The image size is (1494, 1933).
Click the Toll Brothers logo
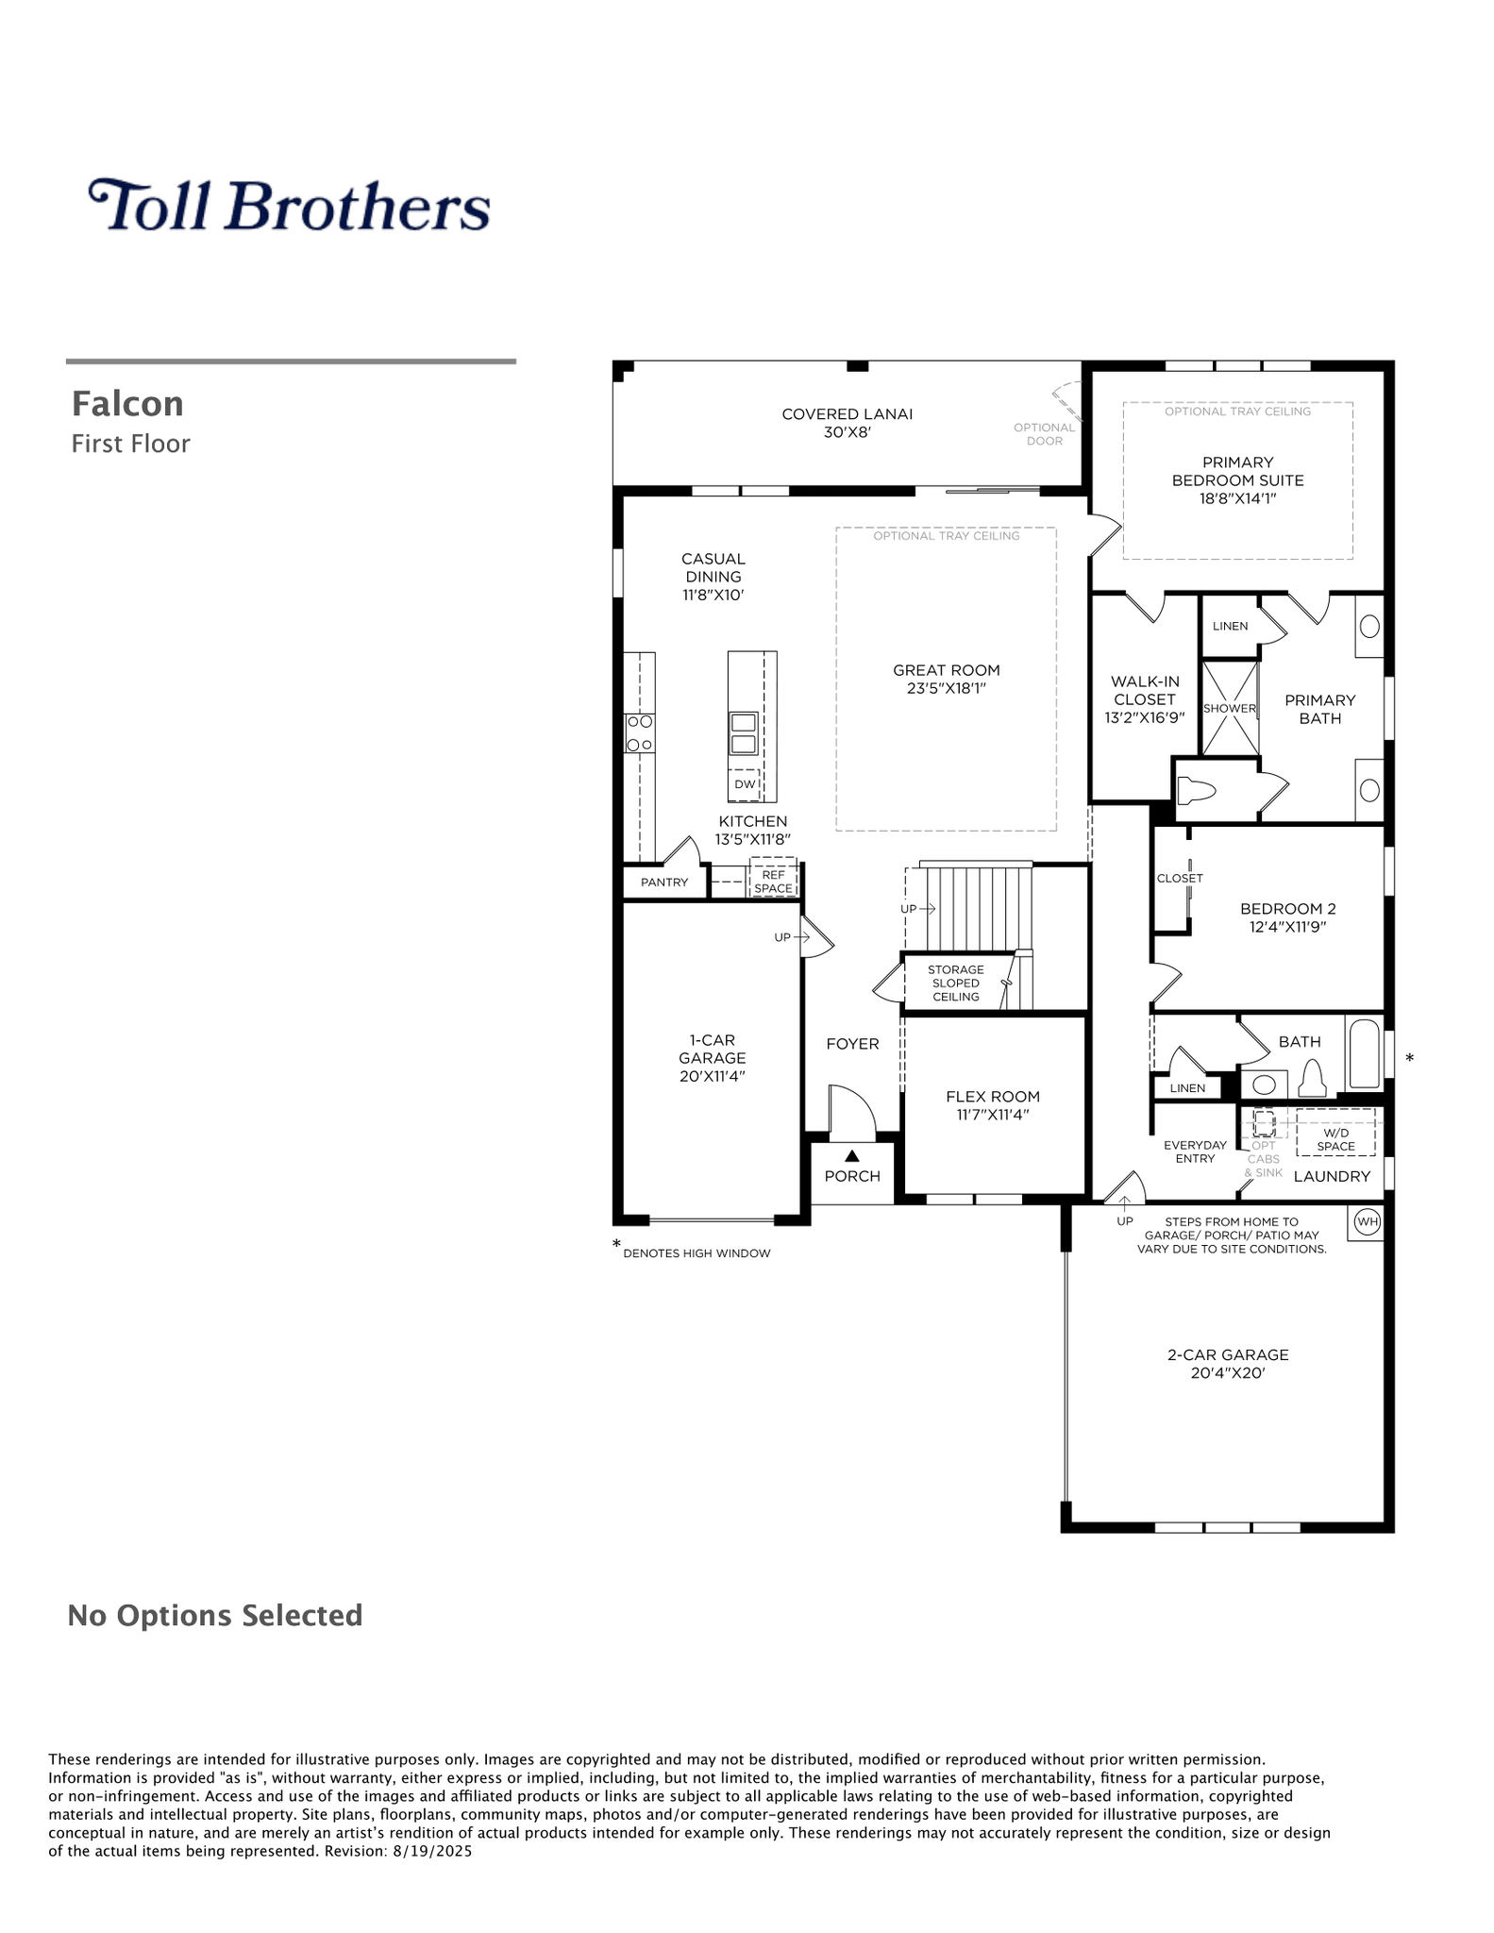pyautogui.click(x=289, y=205)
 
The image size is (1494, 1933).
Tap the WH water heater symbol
pyautogui.click(x=1367, y=1222)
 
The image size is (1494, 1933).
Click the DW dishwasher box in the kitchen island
pyautogui.click(x=745, y=783)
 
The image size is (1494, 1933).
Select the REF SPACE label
pyautogui.click(x=773, y=882)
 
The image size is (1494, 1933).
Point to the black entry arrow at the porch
pyautogui.click(x=852, y=1155)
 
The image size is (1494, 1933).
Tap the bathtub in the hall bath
pyautogui.click(x=1364, y=1053)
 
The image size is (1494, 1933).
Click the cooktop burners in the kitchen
pyautogui.click(x=640, y=732)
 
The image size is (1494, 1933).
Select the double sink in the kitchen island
pyautogui.click(x=743, y=733)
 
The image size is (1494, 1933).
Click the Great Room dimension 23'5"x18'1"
pyautogui.click(x=947, y=688)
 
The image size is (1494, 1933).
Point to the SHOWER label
pyautogui.click(x=1230, y=708)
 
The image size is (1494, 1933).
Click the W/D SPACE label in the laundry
pyautogui.click(x=1336, y=1139)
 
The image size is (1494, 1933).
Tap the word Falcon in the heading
pyautogui.click(x=127, y=404)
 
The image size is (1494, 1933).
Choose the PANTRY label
pyautogui.click(x=664, y=882)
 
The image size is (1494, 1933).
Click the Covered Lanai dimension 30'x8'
pyautogui.click(x=848, y=432)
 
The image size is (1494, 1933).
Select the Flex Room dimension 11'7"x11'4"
pyautogui.click(x=993, y=1115)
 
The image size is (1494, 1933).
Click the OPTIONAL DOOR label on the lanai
pyautogui.click(x=1044, y=434)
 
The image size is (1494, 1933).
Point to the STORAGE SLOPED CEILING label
pyautogui.click(x=956, y=983)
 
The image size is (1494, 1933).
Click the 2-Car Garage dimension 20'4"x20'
pyautogui.click(x=1228, y=1372)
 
